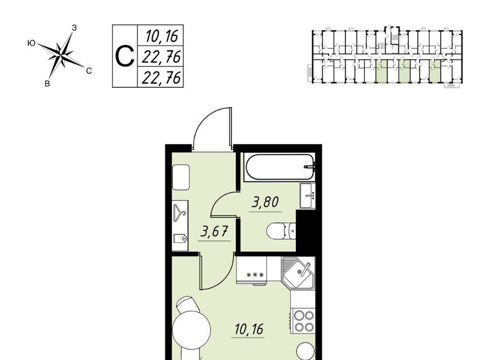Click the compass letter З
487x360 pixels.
[x=74, y=27]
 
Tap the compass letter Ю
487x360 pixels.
[x=31, y=43]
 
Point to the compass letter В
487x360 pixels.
[x=47, y=84]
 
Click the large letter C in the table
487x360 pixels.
[x=125, y=56]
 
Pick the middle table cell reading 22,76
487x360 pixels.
[x=161, y=56]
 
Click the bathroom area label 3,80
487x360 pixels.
[x=265, y=202]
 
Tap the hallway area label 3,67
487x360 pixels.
[x=214, y=231]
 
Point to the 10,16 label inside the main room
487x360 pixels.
[x=249, y=329]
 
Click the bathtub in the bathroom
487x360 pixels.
[x=280, y=167]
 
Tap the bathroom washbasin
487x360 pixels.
[x=307, y=196]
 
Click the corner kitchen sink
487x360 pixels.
[x=298, y=272]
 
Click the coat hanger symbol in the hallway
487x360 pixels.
[x=179, y=212]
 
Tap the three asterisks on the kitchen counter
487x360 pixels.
[x=255, y=275]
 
